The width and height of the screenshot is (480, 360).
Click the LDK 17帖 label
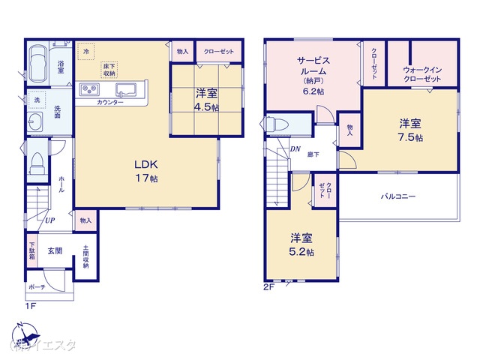[146, 170]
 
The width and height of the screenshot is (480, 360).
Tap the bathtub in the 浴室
[37, 64]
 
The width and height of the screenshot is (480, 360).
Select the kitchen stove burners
[91, 90]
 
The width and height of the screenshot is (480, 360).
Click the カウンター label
[110, 102]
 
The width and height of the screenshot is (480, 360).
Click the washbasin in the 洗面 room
[35, 123]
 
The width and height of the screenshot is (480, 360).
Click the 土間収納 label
[85, 258]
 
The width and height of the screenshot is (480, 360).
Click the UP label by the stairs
[49, 220]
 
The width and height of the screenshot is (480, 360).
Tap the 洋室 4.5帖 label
[207, 100]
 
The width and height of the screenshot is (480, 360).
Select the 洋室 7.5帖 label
[410, 130]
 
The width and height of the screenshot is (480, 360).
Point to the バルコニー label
[398, 196]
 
